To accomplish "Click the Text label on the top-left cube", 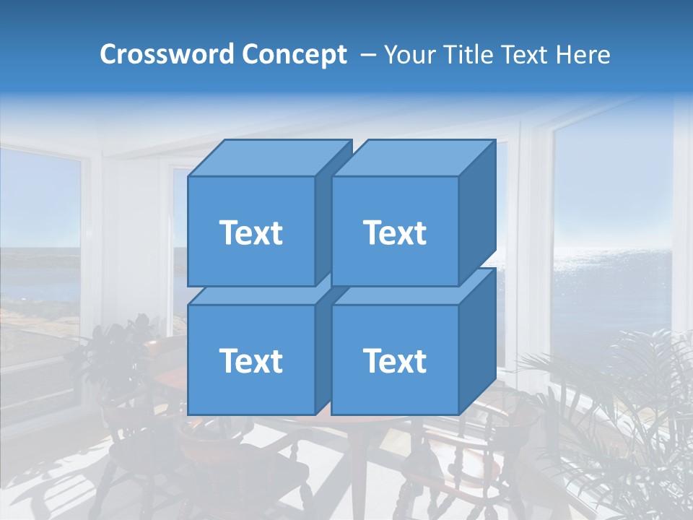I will pyautogui.click(x=250, y=233).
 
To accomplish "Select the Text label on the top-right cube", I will pyautogui.click(x=395, y=233).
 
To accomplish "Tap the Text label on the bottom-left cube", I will pyautogui.click(x=250, y=361).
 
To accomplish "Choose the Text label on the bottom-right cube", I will pyautogui.click(x=395, y=361).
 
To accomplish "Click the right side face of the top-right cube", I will pyautogui.click(x=476, y=217).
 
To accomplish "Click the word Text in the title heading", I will pyautogui.click(x=523, y=55).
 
